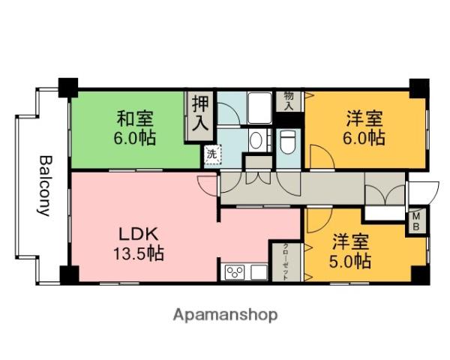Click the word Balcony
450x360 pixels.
click(44, 185)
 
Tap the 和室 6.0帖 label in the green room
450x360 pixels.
click(136, 128)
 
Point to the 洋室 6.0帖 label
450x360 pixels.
click(365, 128)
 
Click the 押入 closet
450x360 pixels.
click(199, 113)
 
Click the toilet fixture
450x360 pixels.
click(288, 142)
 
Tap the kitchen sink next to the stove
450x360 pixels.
click(259, 271)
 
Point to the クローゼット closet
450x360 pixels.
click(286, 262)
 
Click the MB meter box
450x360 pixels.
click(415, 223)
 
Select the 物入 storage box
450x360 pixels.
click(289, 100)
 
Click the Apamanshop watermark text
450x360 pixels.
click(226, 314)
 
